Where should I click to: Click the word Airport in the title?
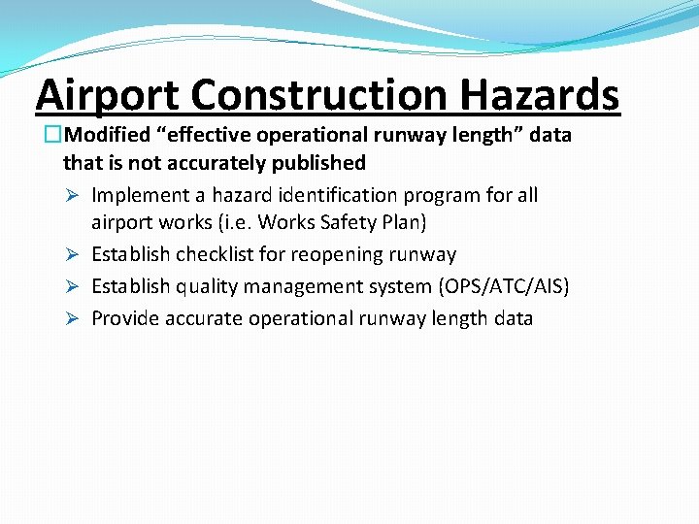click(108, 95)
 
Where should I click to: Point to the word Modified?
click(107, 135)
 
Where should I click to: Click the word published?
click(317, 163)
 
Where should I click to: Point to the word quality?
click(207, 287)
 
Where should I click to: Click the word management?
click(308, 287)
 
